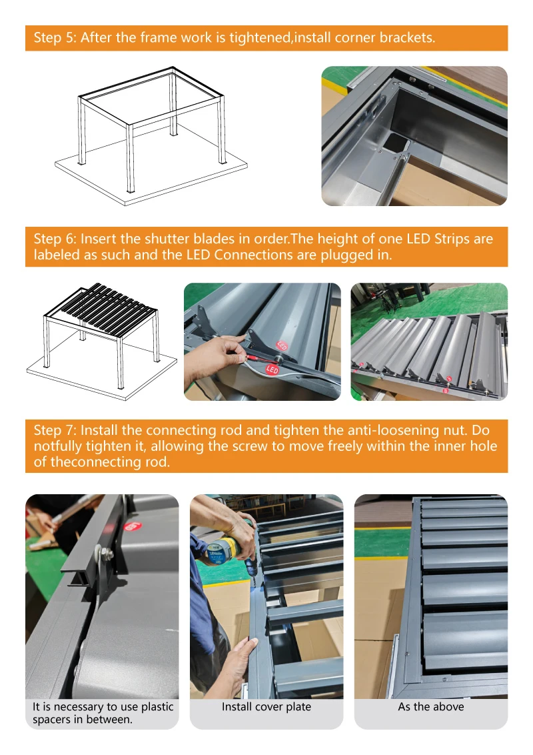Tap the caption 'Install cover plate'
pos(266,706)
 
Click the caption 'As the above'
pos(431,706)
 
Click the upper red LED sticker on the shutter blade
pos(282,345)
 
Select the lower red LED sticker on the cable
pos(272,369)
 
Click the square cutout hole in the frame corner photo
pos(396,141)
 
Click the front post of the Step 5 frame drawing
pos(130,159)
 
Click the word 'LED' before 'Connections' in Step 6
pos(198,255)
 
